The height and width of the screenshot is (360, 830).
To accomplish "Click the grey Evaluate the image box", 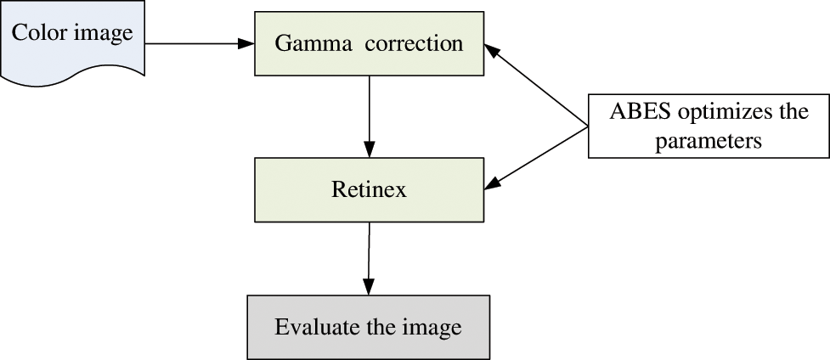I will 368,327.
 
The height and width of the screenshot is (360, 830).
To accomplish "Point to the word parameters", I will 709,140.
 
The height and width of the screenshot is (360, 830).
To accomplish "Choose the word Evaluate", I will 310,327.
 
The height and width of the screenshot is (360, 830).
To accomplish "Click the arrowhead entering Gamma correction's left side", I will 247,42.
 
